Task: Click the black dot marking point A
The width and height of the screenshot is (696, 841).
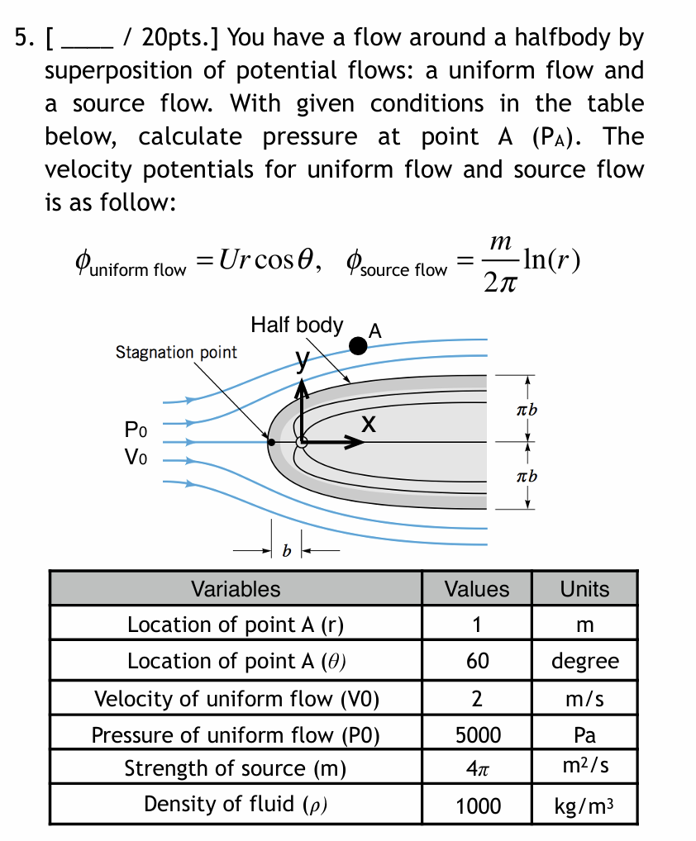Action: pyautogui.click(x=358, y=345)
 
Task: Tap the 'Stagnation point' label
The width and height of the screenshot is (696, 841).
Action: pyautogui.click(x=176, y=353)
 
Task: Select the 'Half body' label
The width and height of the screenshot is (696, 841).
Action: pyautogui.click(x=296, y=325)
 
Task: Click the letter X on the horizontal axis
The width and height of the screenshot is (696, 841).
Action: pyautogui.click(x=369, y=425)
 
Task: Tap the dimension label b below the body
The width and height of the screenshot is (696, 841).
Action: pyautogui.click(x=287, y=550)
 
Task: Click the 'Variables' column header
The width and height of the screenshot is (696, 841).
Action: pyautogui.click(x=236, y=589)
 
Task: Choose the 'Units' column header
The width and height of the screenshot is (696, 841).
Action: pyautogui.click(x=584, y=589)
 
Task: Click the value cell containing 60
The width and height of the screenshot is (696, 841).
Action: pyautogui.click(x=477, y=661)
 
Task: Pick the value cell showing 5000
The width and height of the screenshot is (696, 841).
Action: pyautogui.click(x=477, y=734)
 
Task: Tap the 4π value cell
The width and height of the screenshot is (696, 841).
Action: pyautogui.click(x=477, y=768)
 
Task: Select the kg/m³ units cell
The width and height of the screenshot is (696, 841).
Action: pyautogui.click(x=584, y=805)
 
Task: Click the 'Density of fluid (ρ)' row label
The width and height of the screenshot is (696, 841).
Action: pyautogui.click(x=236, y=805)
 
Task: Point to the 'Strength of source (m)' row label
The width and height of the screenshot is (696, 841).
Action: pyautogui.click(x=236, y=768)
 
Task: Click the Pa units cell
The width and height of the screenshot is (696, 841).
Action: pyautogui.click(x=584, y=734)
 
